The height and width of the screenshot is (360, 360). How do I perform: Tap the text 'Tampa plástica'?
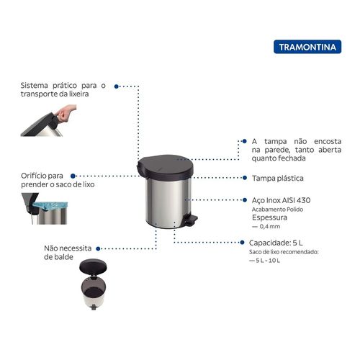click(277, 177)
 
